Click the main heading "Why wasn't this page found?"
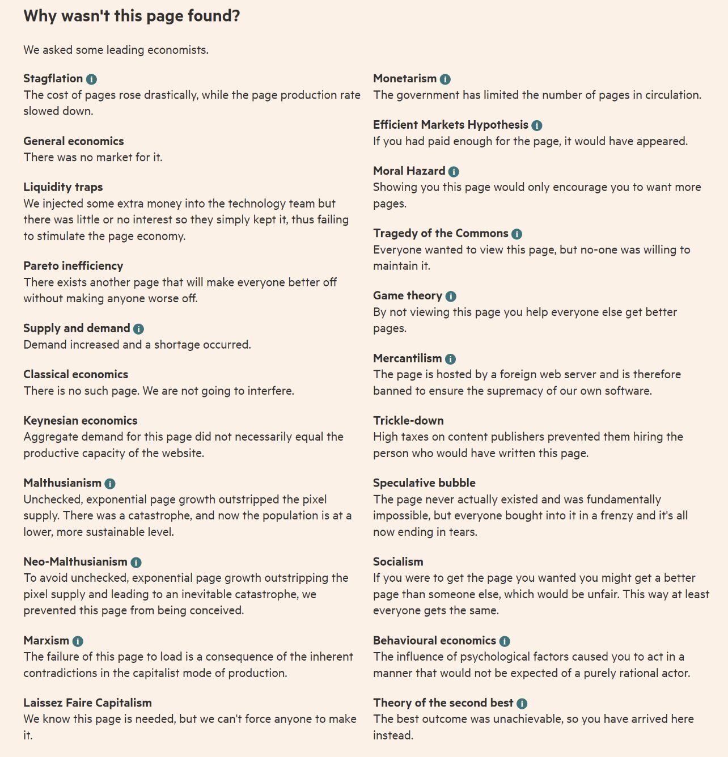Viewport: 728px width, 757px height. pos(132,16)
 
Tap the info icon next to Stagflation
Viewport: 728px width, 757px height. pos(91,79)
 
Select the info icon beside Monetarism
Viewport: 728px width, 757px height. pos(445,79)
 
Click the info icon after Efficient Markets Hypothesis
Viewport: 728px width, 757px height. pos(536,125)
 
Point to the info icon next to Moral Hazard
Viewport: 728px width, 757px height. pos(454,172)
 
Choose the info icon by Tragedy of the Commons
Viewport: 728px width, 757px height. pos(517,234)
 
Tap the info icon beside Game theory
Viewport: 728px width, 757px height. pos(451,297)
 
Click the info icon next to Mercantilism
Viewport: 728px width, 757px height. pos(450,359)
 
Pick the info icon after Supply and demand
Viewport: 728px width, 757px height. pos(138,329)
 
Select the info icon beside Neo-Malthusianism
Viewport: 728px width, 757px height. pos(136,563)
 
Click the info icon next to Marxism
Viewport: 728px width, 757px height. pos(78,641)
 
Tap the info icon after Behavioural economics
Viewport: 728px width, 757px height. pos(505,641)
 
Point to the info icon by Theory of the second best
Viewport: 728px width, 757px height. pos(522,704)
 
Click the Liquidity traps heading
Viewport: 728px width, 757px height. pos(63,187)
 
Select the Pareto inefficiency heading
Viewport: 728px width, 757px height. pos(73,266)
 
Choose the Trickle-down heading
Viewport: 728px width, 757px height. pos(408,421)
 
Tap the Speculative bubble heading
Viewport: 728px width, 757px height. pos(424,483)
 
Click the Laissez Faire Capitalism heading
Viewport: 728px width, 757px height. pos(87,703)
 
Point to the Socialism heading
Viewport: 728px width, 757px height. pos(398,562)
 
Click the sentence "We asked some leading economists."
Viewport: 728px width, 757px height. pos(116,50)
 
